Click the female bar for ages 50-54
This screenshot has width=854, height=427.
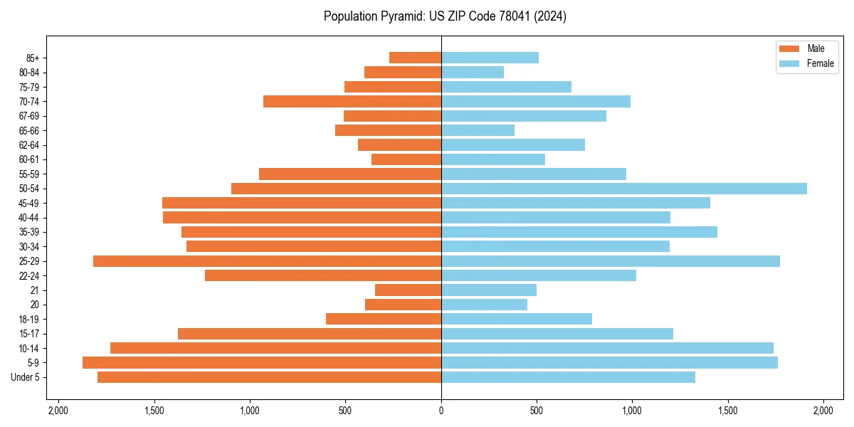pyautogui.click(x=624, y=189)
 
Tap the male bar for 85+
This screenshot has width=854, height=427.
pyautogui.click(x=415, y=58)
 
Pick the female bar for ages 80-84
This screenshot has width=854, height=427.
pyautogui.click(x=473, y=73)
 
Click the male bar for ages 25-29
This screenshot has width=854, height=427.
pyautogui.click(x=267, y=261)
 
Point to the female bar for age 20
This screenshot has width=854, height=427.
pyautogui.click(x=484, y=305)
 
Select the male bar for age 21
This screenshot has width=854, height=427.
pyautogui.click(x=408, y=290)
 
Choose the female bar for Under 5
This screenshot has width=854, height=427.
pyautogui.click(x=568, y=377)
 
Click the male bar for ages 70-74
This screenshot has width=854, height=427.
pyautogui.click(x=352, y=102)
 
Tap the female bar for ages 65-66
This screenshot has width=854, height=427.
pyautogui.click(x=478, y=130)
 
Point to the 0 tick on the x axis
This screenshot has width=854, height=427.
pyautogui.click(x=441, y=411)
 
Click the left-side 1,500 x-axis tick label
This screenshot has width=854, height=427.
pyautogui.click(x=154, y=411)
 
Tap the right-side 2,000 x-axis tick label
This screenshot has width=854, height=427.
pyautogui.click(x=823, y=411)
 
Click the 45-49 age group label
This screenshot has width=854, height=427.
pyautogui.click(x=28, y=203)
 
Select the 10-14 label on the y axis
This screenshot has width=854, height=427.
pyautogui.click(x=28, y=348)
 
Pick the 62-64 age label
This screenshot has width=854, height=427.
pyautogui.click(x=28, y=145)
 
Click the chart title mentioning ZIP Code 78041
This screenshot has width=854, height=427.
pyautogui.click(x=445, y=16)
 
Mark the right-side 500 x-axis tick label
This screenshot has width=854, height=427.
pyautogui.click(x=537, y=411)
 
